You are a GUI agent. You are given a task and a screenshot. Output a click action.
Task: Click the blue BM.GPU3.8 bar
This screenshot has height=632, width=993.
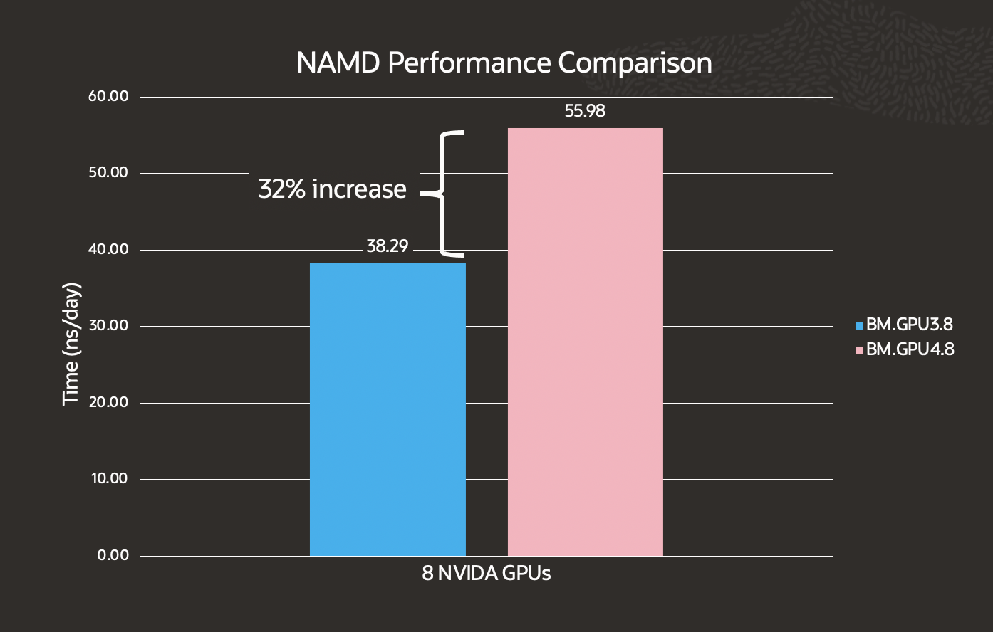(388, 409)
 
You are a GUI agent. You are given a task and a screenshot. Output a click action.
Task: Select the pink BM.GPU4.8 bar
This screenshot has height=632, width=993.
(585, 342)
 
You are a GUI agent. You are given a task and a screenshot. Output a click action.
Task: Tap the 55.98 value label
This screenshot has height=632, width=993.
(585, 111)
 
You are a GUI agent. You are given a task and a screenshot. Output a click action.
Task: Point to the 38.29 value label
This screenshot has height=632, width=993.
(388, 246)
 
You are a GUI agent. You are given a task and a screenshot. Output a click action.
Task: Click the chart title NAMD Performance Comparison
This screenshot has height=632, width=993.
(504, 63)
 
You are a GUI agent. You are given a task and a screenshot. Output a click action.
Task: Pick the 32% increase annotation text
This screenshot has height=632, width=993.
(332, 189)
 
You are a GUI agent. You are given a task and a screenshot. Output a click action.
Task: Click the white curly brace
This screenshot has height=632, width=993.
(443, 194)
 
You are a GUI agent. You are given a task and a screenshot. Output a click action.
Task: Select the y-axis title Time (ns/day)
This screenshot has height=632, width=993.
(71, 344)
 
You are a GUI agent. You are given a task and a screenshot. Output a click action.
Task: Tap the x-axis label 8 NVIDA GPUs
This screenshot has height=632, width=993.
(487, 574)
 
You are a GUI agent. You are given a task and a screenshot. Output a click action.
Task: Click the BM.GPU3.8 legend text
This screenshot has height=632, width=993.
(910, 325)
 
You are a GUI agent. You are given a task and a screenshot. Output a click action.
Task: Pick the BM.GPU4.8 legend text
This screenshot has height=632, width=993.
(910, 349)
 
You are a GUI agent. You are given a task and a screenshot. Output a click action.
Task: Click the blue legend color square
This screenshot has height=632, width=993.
(859, 326)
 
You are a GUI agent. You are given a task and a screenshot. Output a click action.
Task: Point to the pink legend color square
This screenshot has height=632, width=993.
(859, 350)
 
